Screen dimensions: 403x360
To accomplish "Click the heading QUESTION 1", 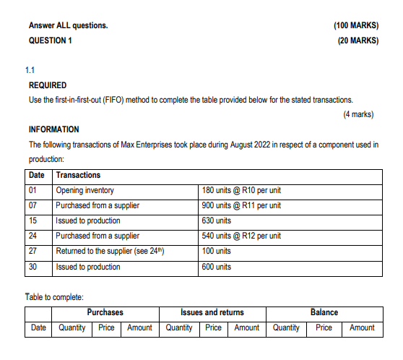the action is pos(50,40).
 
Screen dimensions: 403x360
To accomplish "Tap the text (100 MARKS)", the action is pos(356,25).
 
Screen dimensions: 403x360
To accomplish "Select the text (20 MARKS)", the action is pos(357,40).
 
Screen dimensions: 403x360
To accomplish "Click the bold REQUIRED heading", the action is pos(48,85).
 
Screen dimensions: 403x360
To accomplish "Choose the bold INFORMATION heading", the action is pos(54,129).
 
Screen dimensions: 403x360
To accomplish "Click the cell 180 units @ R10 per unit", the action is pos(241,191).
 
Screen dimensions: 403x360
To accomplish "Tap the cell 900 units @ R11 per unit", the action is pos(241,206).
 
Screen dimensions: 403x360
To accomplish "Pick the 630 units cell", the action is pos(217,221).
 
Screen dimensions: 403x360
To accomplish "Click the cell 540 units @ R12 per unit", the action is pos(241,236).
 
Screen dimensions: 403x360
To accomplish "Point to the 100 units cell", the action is pos(217,252).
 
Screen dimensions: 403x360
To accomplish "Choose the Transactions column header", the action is pos(78,176).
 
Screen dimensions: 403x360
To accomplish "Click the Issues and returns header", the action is pos(212,312).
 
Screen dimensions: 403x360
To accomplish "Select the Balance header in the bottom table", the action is pos(324,312).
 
